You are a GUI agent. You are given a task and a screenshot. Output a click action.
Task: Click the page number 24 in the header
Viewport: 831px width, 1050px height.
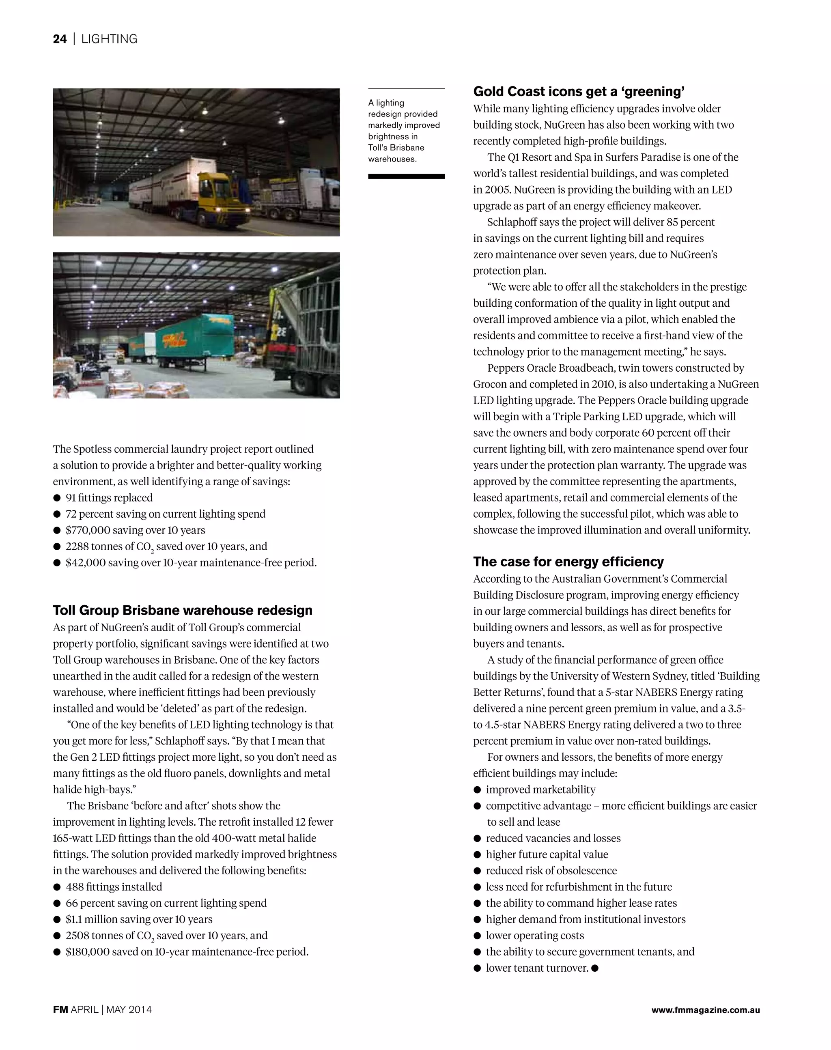59,39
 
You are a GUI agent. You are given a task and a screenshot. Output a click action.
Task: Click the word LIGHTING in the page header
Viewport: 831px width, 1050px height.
109,39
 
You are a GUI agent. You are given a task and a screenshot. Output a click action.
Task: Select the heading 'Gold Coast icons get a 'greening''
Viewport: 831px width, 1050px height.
579,91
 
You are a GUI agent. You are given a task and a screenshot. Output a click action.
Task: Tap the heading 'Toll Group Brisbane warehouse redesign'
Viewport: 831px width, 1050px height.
183,610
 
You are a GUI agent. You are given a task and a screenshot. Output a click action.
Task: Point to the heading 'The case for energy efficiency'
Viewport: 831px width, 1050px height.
568,562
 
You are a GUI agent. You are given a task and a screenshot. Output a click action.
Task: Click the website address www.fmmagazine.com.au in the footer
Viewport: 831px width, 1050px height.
706,1009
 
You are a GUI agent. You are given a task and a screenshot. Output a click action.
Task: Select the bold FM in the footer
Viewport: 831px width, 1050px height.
60,1009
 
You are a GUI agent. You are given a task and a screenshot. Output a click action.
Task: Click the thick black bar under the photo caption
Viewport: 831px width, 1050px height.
406,176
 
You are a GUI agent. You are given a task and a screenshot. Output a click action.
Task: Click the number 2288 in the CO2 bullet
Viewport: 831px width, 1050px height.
77,547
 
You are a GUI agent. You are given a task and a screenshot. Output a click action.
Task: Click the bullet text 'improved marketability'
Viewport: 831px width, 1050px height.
540,789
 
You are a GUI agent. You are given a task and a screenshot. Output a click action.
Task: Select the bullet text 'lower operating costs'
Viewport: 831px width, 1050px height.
535,935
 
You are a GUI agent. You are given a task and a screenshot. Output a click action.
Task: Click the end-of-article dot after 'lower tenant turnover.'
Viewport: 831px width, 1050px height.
595,968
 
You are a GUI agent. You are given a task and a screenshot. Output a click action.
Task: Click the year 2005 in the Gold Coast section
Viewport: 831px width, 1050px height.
497,190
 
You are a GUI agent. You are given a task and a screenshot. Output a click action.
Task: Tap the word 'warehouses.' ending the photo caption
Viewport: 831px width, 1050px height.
392,159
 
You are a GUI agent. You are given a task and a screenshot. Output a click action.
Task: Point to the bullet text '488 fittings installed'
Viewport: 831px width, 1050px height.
114,886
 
